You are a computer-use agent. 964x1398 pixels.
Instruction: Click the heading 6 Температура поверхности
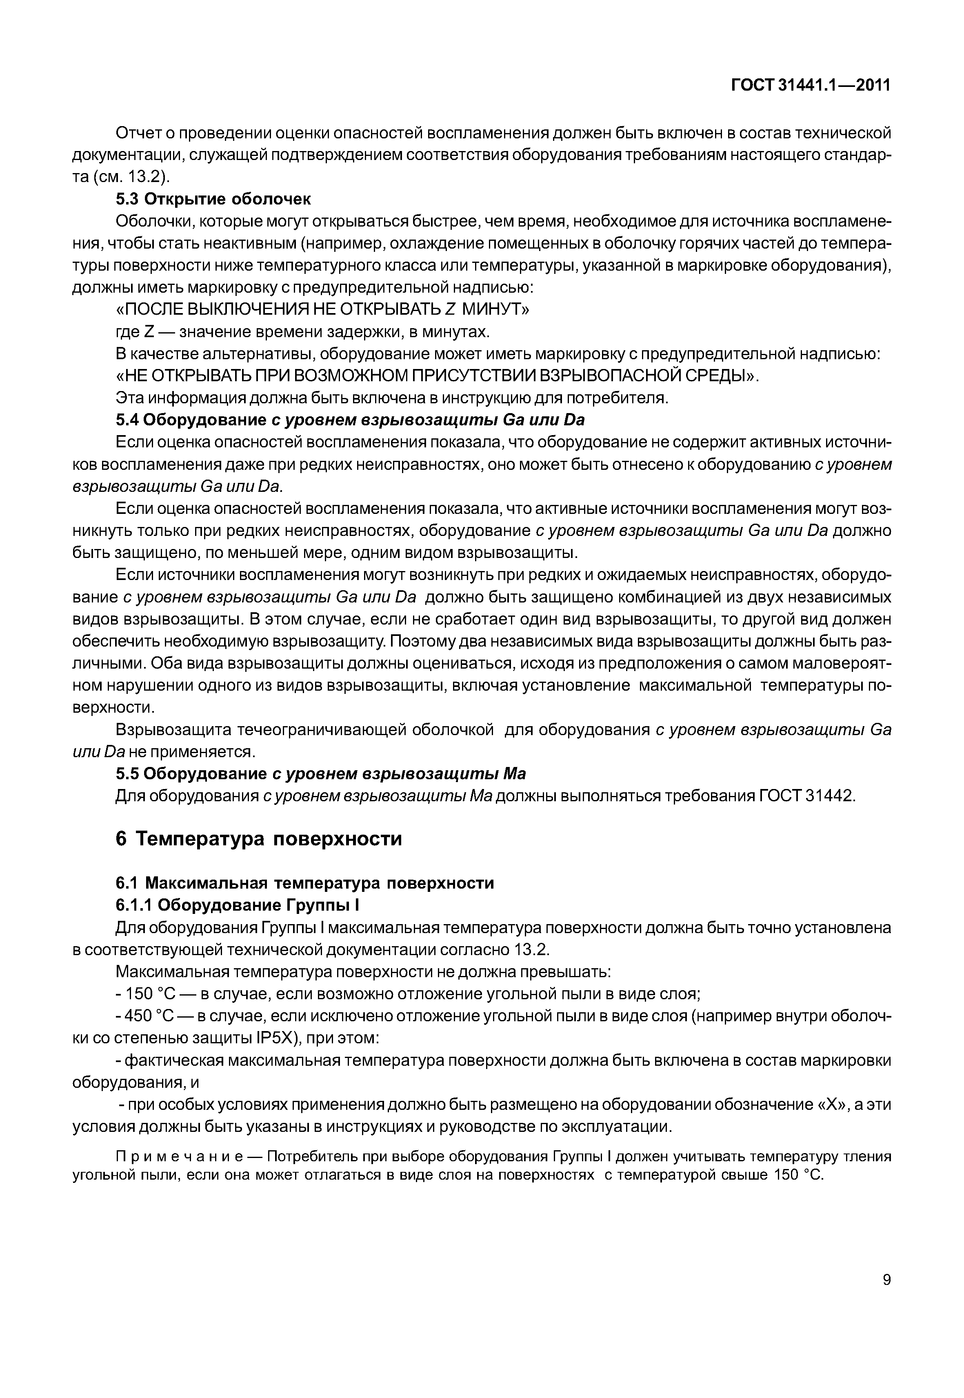coord(258,839)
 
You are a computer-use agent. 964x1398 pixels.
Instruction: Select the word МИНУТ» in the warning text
coord(495,310)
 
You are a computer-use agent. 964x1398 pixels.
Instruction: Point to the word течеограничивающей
coord(320,730)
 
